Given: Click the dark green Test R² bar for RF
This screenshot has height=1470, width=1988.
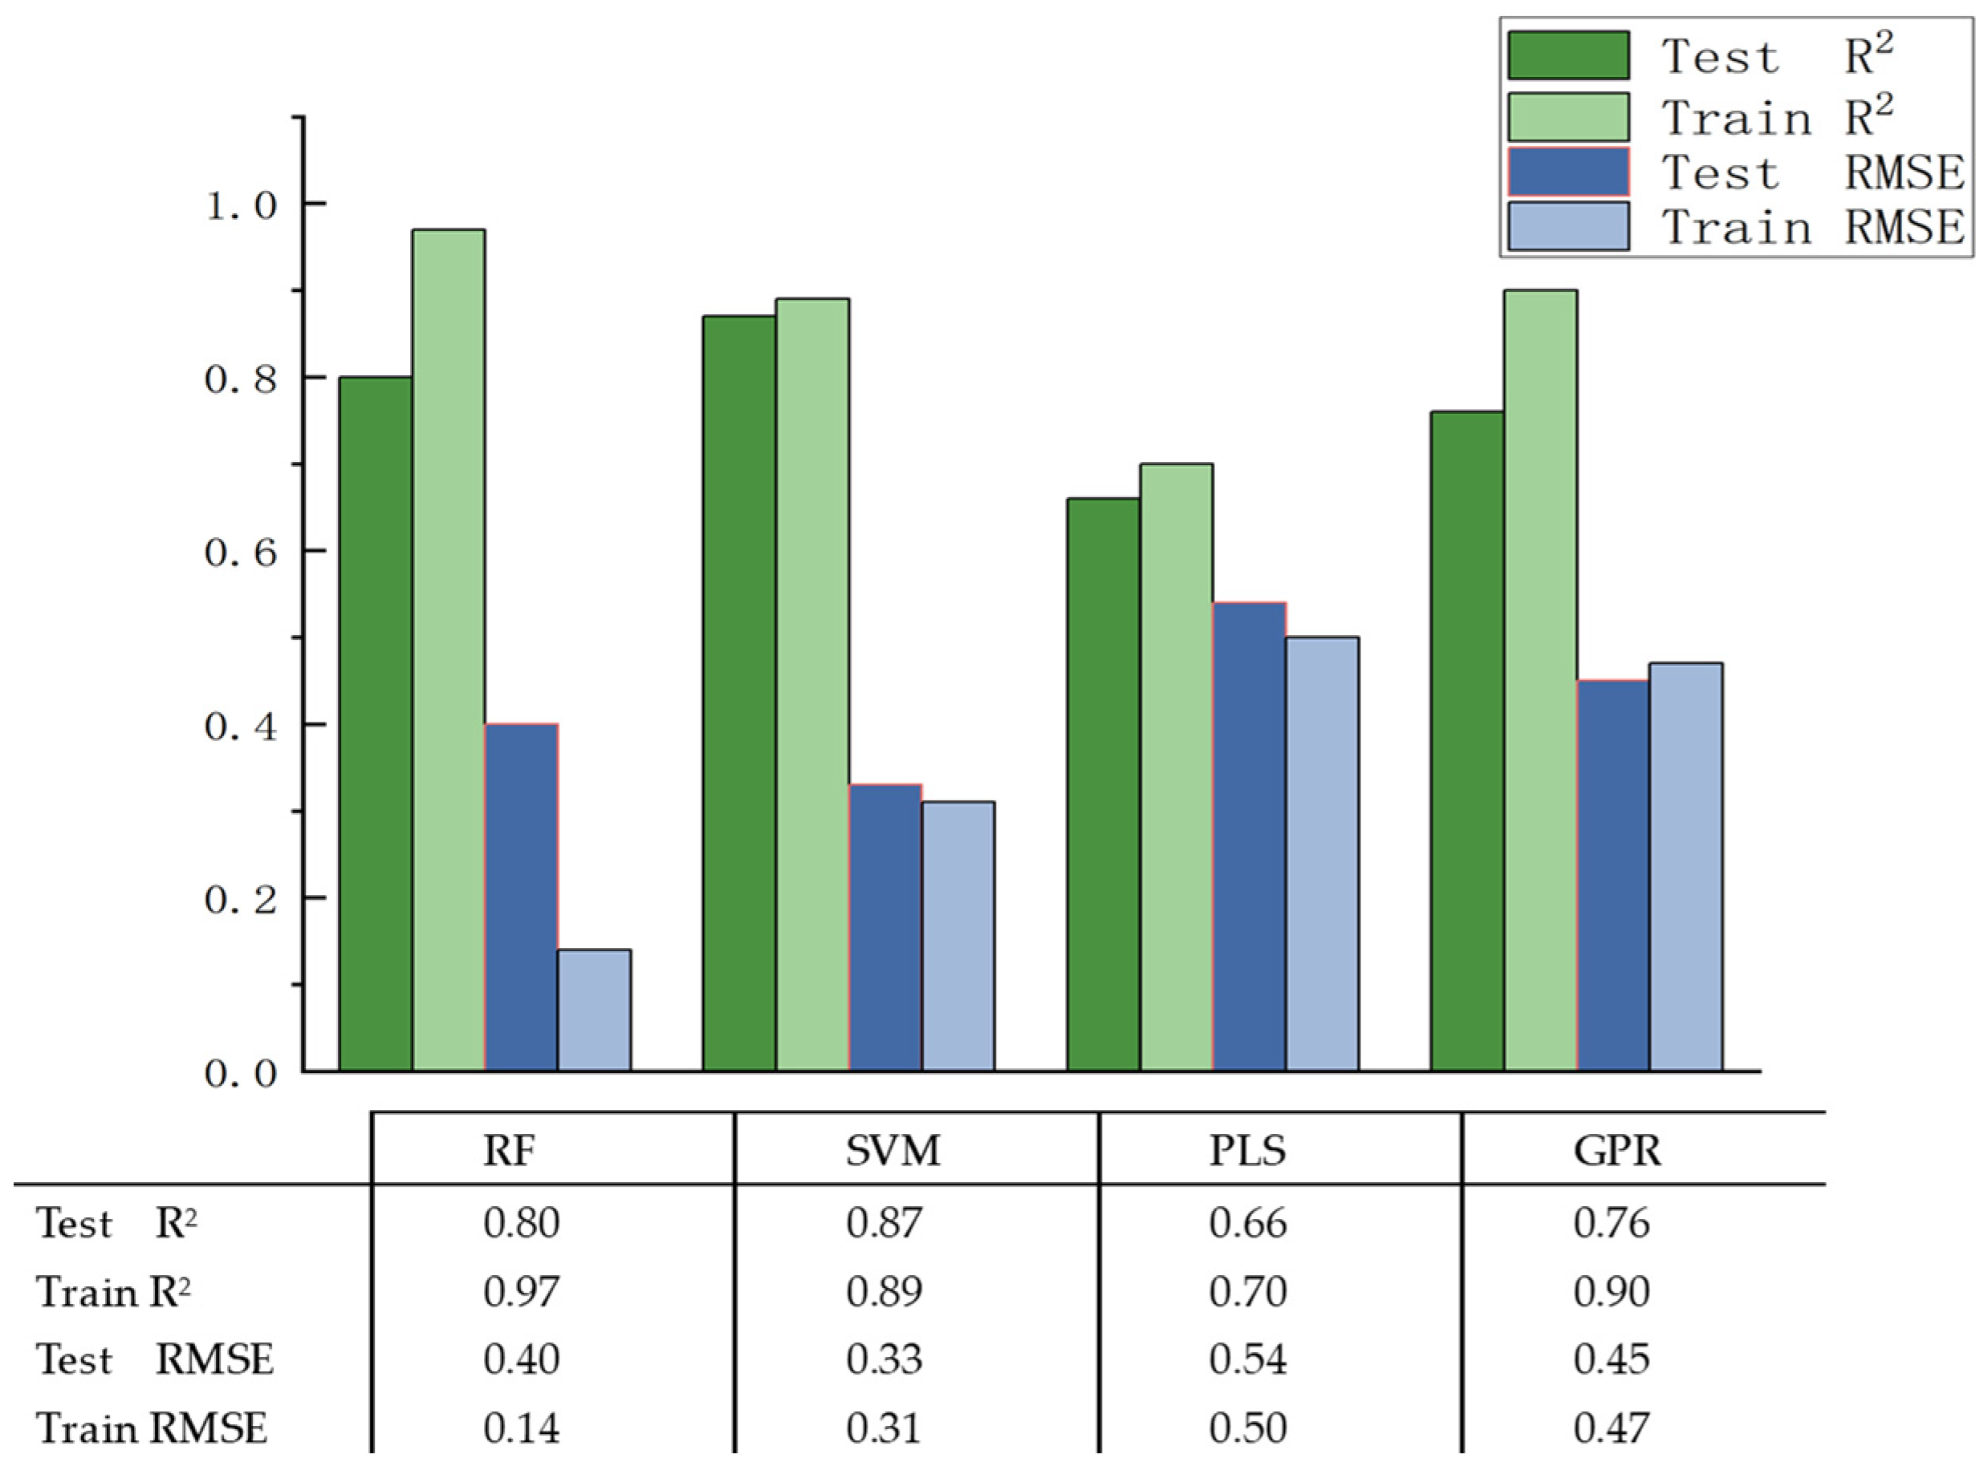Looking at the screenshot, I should click(375, 723).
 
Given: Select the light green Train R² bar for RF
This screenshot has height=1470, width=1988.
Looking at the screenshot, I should click(448, 650).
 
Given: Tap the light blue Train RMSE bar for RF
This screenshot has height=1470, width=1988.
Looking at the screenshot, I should click(594, 1009).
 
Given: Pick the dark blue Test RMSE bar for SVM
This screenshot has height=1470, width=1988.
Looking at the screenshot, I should click(885, 926).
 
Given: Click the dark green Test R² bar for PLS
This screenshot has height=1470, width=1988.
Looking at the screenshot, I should click(1103, 783).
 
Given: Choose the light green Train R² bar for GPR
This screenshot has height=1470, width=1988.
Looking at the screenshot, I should click(1540, 680).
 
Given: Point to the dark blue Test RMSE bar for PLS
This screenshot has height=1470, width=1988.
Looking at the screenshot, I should click(1249, 836).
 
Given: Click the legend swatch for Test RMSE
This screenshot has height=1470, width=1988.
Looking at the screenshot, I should click(1567, 172).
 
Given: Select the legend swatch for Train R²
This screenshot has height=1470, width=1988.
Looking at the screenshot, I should click(1567, 117).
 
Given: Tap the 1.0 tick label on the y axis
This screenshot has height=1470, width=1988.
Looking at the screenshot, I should click(241, 205).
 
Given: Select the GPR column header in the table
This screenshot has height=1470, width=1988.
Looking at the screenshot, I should click(1616, 1151).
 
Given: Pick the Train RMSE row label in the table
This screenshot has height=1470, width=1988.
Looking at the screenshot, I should click(152, 1428).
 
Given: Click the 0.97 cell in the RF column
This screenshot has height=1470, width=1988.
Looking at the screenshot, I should click(522, 1291).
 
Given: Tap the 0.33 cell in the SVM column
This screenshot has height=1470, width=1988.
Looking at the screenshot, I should click(885, 1359).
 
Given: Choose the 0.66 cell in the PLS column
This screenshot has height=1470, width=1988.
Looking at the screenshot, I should click(1248, 1223).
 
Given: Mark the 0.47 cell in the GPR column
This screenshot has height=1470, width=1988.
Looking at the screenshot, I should click(1612, 1428).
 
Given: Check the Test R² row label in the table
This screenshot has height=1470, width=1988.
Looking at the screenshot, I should click(116, 1224).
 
